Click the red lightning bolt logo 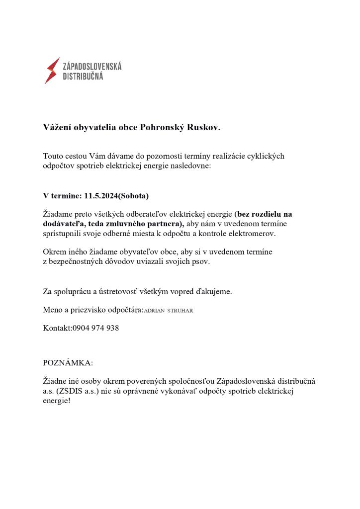pos(52,71)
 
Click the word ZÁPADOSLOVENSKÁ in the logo pos(92,66)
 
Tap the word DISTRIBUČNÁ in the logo pos(83,77)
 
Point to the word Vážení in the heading pos(58,127)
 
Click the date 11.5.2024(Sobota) pos(117,196)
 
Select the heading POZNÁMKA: pos(68,363)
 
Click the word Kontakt pos(57,328)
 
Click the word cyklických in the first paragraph pos(267,156)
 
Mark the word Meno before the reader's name pos(53,310)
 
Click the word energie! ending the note pos(57,401)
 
